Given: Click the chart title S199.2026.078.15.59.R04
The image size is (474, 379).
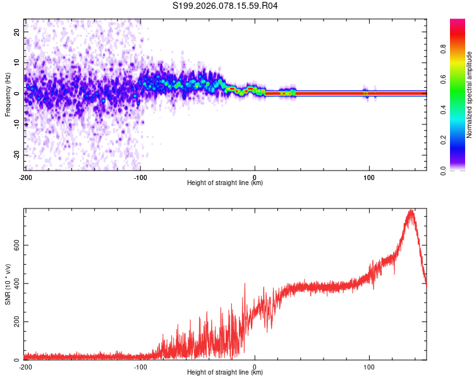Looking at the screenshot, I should coord(226,6).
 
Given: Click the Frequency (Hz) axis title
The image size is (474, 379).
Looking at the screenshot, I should coord(8,95).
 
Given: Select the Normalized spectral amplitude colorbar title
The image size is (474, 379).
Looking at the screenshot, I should coord(470,95).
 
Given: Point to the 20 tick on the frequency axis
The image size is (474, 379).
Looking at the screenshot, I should coord(17,32).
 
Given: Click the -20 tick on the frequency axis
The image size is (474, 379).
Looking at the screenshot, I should coord(17,155).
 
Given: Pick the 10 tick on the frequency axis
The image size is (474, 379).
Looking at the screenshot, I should coord(17,63).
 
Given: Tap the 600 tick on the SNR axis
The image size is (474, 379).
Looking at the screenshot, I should coord(17,244).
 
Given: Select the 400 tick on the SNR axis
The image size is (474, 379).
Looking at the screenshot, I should coord(17,282).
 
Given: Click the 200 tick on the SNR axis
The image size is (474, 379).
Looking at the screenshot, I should coord(17,322).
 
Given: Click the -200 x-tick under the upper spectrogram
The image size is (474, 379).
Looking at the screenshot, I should coord(25,177).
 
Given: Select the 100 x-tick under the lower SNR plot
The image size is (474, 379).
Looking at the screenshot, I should coord(369,367).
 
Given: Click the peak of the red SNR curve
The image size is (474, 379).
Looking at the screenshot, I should coord(411,211).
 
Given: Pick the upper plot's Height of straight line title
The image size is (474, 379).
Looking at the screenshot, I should coord(225,183).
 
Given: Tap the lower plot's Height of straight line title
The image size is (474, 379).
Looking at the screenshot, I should coord(225,373).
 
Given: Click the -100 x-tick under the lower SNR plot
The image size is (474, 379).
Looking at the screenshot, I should coord(140,367).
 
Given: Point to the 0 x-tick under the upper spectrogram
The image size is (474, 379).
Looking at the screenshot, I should coord(255,177).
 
